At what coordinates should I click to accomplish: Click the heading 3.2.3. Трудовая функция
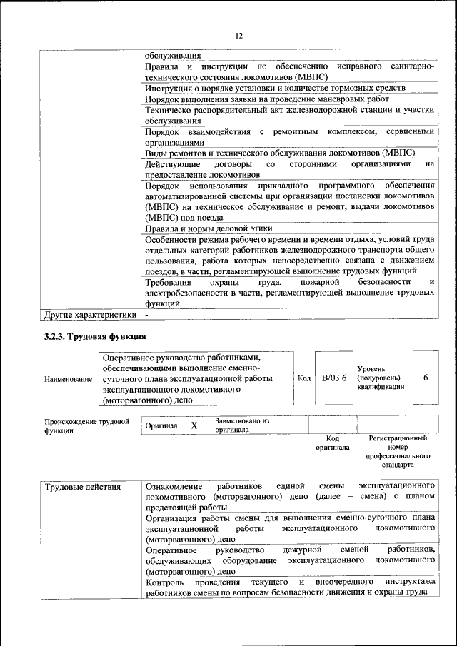tap(96, 335)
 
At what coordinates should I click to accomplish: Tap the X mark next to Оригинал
tap(194, 425)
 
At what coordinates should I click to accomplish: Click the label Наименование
tap(69, 378)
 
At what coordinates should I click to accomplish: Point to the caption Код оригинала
tap(332, 443)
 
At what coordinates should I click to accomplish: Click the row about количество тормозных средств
tap(275, 88)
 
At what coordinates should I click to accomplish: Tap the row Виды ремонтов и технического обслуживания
tap(280, 153)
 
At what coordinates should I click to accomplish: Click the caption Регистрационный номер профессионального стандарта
tap(398, 451)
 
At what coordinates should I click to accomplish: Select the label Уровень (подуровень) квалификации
tap(381, 378)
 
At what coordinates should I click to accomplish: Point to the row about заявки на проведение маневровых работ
tap(266, 99)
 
